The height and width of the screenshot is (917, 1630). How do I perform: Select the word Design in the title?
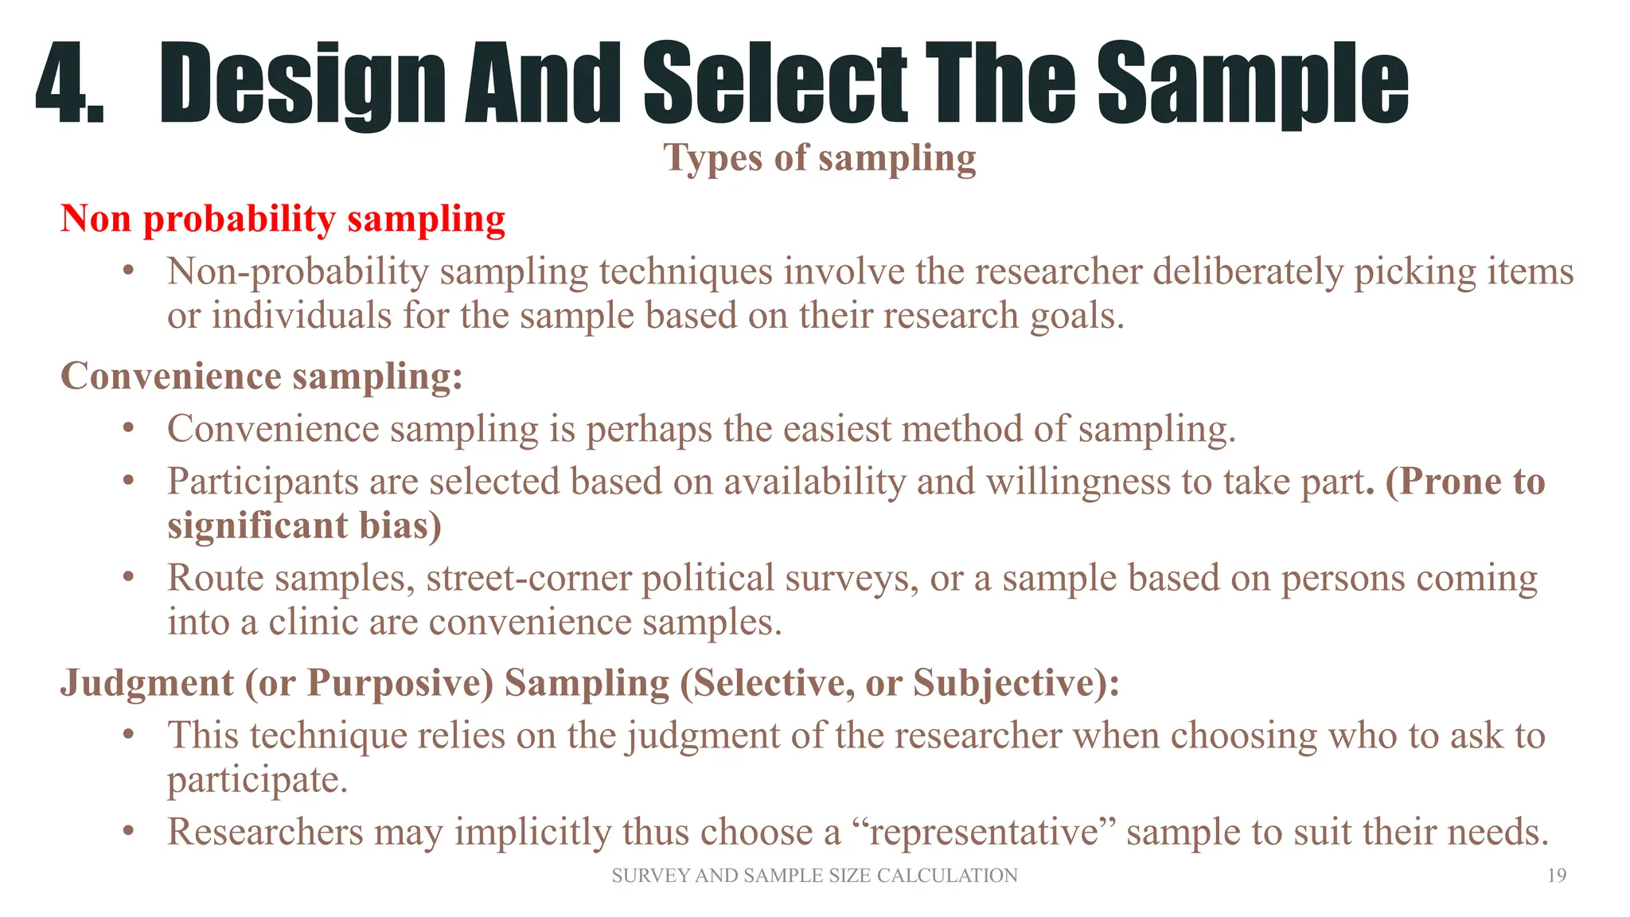[x=302, y=84]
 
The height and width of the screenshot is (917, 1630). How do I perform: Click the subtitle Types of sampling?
[x=819, y=158]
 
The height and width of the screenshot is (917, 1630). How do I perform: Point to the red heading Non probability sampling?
[x=283, y=219]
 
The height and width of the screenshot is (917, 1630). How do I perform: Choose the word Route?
[x=215, y=579]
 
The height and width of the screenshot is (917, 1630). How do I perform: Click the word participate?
[x=256, y=780]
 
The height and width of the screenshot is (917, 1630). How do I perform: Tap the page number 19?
[x=1557, y=876]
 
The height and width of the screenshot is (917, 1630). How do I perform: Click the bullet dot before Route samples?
[x=128, y=577]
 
